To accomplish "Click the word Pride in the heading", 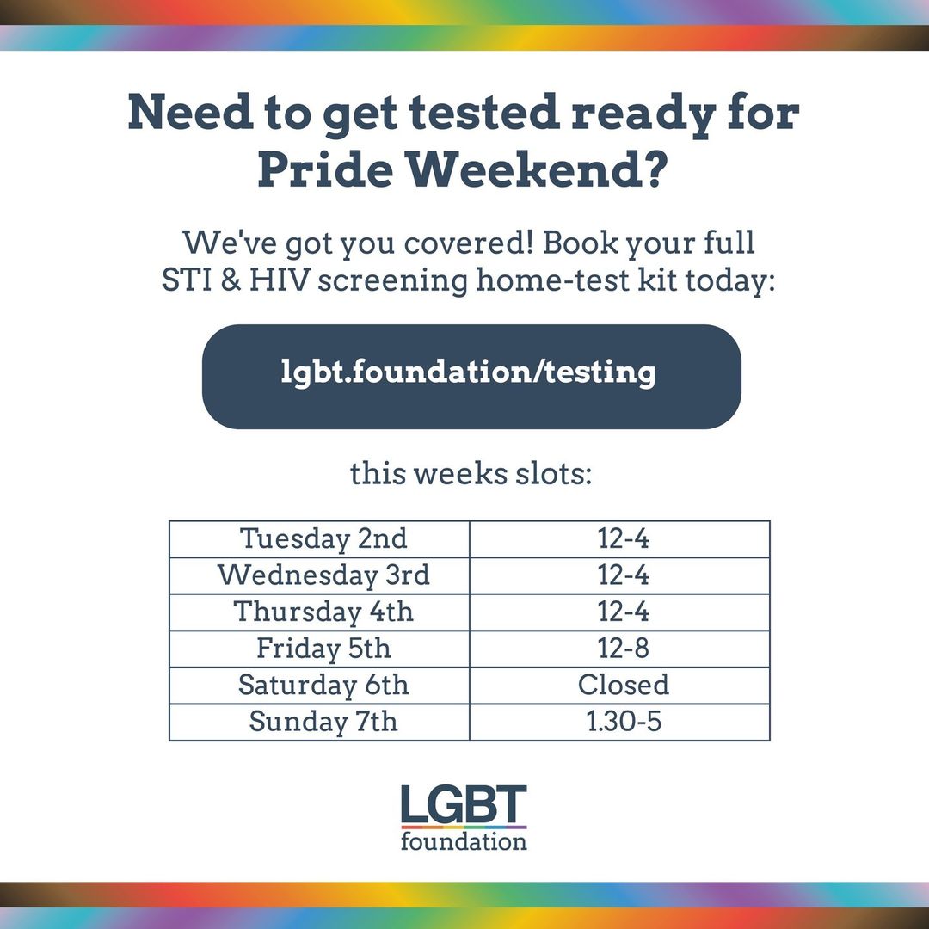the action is [x=325, y=169].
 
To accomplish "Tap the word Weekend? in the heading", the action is [x=537, y=169].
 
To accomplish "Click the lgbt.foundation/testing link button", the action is [x=471, y=376].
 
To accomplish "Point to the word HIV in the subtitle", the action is [x=279, y=280].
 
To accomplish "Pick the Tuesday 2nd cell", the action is [x=319, y=539].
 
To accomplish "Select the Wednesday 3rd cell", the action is [x=319, y=575].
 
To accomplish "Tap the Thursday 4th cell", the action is [x=319, y=612].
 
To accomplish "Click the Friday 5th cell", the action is [x=319, y=649].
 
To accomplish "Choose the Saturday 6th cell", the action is [x=319, y=686].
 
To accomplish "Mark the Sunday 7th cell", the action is [x=319, y=723].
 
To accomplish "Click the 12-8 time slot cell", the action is [x=619, y=649].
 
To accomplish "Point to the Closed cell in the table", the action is [x=619, y=686].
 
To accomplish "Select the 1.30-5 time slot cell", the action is [x=619, y=723].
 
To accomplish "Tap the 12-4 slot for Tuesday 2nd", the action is [x=619, y=539].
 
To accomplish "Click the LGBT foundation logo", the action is [x=464, y=818].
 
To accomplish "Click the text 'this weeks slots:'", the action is [x=471, y=473].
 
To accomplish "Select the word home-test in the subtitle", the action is [x=553, y=280].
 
